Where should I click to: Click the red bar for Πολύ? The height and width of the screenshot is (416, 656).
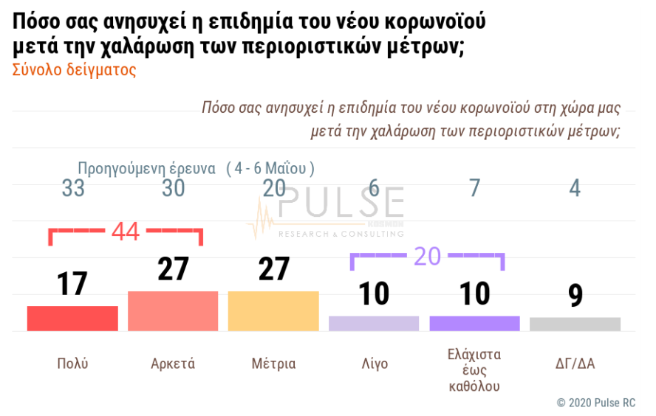click(72, 318)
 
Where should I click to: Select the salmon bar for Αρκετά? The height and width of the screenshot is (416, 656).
click(173, 311)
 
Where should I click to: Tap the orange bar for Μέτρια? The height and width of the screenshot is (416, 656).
click(273, 311)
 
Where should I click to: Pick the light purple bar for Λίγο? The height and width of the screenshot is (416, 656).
click(374, 323)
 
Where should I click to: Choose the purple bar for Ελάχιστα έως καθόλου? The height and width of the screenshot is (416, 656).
click(474, 323)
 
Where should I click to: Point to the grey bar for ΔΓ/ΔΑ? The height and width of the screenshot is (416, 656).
click(575, 324)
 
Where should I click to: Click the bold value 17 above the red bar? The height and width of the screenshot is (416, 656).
click(72, 284)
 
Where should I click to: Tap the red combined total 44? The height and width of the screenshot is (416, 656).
click(126, 232)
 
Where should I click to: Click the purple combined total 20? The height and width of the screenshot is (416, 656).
click(427, 255)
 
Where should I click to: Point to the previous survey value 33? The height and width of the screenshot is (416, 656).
click(73, 189)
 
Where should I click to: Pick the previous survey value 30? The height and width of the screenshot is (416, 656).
click(173, 189)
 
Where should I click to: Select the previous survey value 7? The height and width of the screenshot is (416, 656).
click(474, 189)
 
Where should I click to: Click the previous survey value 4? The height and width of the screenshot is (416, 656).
click(575, 189)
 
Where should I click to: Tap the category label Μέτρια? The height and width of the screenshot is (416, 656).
click(273, 364)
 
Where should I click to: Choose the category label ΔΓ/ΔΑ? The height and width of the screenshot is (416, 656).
click(575, 364)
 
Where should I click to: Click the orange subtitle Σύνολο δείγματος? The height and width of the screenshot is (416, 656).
click(75, 70)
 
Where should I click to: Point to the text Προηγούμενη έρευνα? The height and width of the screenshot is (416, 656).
click(147, 168)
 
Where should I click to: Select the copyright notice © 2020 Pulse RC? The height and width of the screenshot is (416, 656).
click(595, 403)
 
